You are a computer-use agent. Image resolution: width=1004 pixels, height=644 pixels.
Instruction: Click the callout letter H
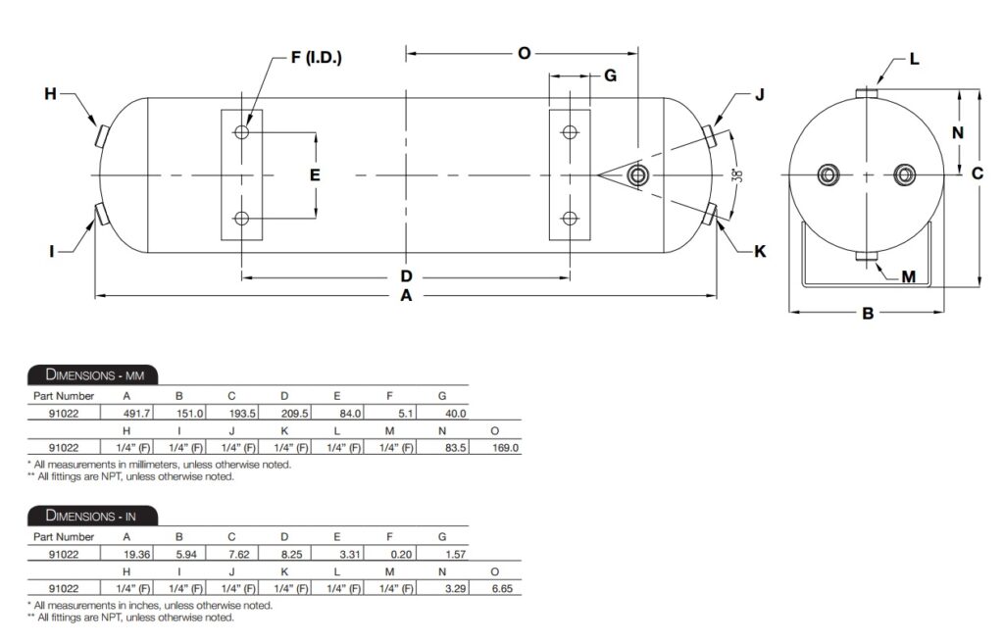pos(50,94)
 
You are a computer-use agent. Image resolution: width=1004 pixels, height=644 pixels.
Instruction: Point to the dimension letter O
pos(524,53)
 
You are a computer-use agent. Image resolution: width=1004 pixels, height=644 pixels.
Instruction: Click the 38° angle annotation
pos(737,175)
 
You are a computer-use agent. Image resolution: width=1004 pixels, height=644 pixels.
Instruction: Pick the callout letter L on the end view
pos(914,59)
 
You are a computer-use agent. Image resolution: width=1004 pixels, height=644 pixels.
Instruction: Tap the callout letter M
pos(908,277)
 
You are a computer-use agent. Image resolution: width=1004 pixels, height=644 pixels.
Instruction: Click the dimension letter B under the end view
pos(867,314)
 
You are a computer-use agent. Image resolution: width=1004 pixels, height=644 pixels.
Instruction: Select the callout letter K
pos(759,252)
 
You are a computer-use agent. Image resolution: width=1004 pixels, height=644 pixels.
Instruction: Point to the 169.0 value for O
pos(502,447)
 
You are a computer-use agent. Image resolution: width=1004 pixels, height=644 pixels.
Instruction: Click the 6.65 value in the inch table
pos(502,587)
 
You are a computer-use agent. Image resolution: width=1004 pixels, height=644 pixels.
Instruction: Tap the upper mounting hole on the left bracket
pos(242,132)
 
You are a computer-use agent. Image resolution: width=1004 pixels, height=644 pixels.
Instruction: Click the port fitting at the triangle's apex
pos(638,175)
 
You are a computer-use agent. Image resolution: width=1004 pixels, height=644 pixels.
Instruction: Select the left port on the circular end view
pos(829,175)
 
